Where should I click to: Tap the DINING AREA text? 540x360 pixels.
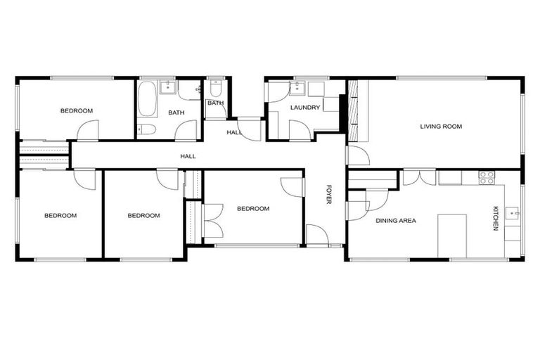395,221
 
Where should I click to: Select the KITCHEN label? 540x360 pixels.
496,218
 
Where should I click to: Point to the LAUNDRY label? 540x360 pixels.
305,108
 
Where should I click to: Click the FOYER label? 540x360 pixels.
328,195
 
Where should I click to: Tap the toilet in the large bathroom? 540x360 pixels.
146,129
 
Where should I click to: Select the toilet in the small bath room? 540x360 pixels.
215,89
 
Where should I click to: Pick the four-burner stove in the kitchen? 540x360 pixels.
487,178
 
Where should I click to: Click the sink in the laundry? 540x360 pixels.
297,87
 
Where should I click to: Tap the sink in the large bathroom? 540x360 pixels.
169,87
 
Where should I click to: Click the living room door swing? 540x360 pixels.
356,156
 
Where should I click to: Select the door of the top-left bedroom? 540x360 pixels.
88,131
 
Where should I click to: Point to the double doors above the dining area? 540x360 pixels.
420,176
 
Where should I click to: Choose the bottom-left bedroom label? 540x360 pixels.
60,216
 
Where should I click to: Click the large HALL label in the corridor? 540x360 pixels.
188,156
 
